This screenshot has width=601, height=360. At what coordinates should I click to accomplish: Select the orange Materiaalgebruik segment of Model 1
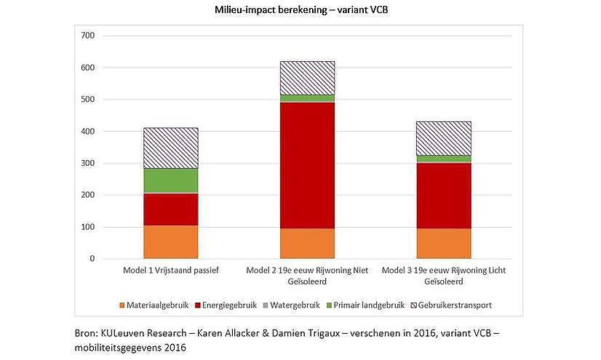(x=171, y=242)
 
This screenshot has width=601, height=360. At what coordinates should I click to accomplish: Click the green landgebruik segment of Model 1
(x=171, y=181)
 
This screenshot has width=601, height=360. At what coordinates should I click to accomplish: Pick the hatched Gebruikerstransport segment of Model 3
(x=444, y=138)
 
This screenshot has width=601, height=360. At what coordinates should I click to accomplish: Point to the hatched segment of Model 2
(x=307, y=78)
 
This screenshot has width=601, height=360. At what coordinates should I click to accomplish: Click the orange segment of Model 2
(x=307, y=244)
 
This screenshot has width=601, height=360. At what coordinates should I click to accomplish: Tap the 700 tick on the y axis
(x=88, y=36)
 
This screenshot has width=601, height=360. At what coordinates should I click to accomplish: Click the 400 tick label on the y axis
(x=88, y=132)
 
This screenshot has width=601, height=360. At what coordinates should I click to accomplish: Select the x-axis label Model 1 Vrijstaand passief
(x=171, y=271)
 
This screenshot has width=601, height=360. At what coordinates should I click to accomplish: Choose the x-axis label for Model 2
(x=307, y=276)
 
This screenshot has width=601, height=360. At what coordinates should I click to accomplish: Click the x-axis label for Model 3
(x=444, y=276)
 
